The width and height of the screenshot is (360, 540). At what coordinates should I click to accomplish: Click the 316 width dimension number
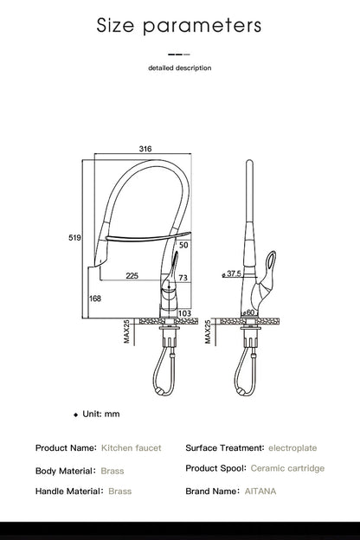click(145, 150)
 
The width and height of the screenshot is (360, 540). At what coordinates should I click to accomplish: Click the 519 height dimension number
click(74, 236)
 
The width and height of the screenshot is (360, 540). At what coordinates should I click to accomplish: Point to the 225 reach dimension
click(132, 276)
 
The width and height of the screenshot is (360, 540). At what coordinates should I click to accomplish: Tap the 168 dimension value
click(95, 299)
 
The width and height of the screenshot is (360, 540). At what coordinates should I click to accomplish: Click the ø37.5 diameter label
click(232, 273)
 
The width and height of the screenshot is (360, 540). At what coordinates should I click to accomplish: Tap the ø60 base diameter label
click(248, 312)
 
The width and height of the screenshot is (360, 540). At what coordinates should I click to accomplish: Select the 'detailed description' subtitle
click(179, 67)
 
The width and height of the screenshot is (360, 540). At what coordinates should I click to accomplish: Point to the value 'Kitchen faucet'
click(129, 448)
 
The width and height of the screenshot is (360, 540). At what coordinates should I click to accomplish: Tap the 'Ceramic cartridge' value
click(287, 468)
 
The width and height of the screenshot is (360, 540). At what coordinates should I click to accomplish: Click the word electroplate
click(292, 448)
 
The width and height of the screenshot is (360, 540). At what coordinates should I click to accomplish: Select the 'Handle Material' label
click(69, 491)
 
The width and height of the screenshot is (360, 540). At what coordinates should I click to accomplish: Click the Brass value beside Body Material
click(112, 471)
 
